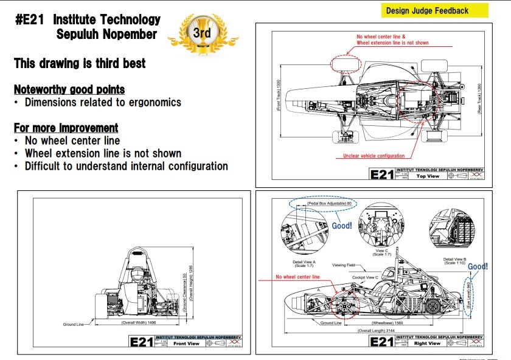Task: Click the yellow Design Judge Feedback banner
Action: tap(436, 10)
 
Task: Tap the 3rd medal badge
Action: tap(201, 33)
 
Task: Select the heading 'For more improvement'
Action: tap(66, 128)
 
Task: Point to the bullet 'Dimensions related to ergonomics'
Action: tap(103, 102)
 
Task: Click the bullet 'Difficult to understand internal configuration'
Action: tap(126, 166)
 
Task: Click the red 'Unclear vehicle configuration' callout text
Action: tap(374, 156)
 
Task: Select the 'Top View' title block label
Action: tap(428, 176)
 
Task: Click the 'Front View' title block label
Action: tap(186, 344)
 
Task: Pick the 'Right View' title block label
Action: tap(428, 344)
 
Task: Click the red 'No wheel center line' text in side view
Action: tap(297, 277)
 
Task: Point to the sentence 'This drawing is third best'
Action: tap(80, 63)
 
